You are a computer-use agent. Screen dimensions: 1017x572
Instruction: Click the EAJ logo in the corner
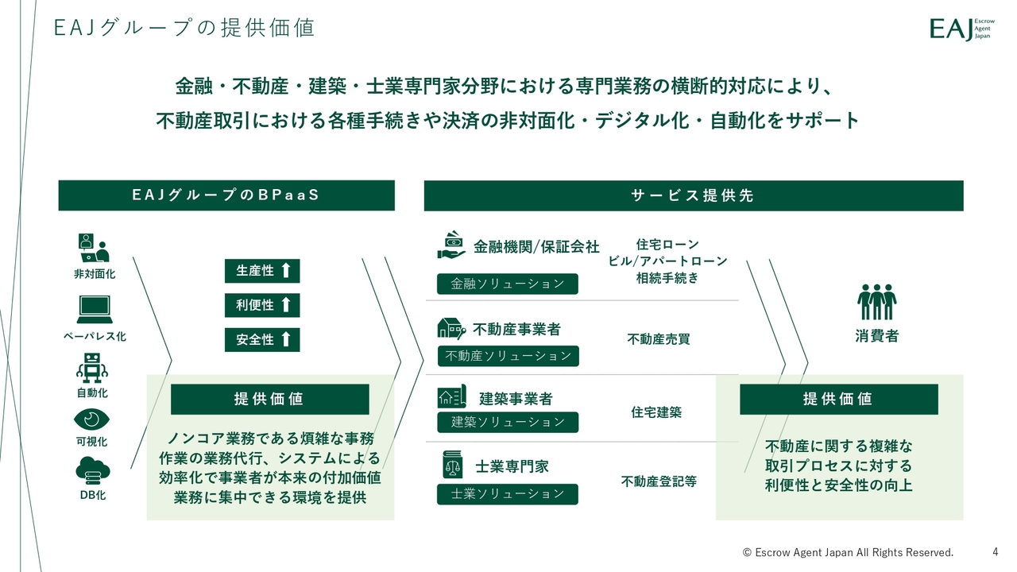pos(961,29)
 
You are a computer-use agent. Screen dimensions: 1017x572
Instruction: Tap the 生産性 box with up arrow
pos(262,271)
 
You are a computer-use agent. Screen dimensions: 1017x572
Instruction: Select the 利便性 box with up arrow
pos(262,305)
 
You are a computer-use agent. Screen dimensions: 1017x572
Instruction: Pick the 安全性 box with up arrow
pos(262,339)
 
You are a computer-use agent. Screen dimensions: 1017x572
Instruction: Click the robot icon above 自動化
pos(92,368)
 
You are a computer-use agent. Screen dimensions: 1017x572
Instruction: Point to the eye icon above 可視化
pos(91,419)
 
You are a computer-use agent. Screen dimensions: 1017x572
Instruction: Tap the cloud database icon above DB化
pos(93,471)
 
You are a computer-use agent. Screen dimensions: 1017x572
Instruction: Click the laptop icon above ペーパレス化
pos(95,310)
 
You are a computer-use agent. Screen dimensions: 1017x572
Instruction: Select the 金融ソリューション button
pos(508,284)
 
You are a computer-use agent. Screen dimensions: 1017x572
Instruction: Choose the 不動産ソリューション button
pos(508,356)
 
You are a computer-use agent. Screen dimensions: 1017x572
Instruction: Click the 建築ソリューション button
pos(508,422)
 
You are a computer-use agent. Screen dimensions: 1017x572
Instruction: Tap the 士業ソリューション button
pos(508,494)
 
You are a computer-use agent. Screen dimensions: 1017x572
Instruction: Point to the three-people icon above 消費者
pos(876,302)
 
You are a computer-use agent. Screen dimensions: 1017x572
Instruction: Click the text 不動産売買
pos(659,339)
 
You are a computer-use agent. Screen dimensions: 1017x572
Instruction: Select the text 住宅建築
pos(656,412)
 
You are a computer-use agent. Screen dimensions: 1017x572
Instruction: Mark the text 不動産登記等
pos(659,481)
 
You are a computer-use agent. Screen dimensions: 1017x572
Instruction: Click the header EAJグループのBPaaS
pos(226,195)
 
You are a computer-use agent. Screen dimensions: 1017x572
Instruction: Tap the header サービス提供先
pos(694,195)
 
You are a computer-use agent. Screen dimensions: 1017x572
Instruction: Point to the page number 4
pos(996,552)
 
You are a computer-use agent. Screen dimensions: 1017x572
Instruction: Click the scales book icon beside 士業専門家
pos(452,464)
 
